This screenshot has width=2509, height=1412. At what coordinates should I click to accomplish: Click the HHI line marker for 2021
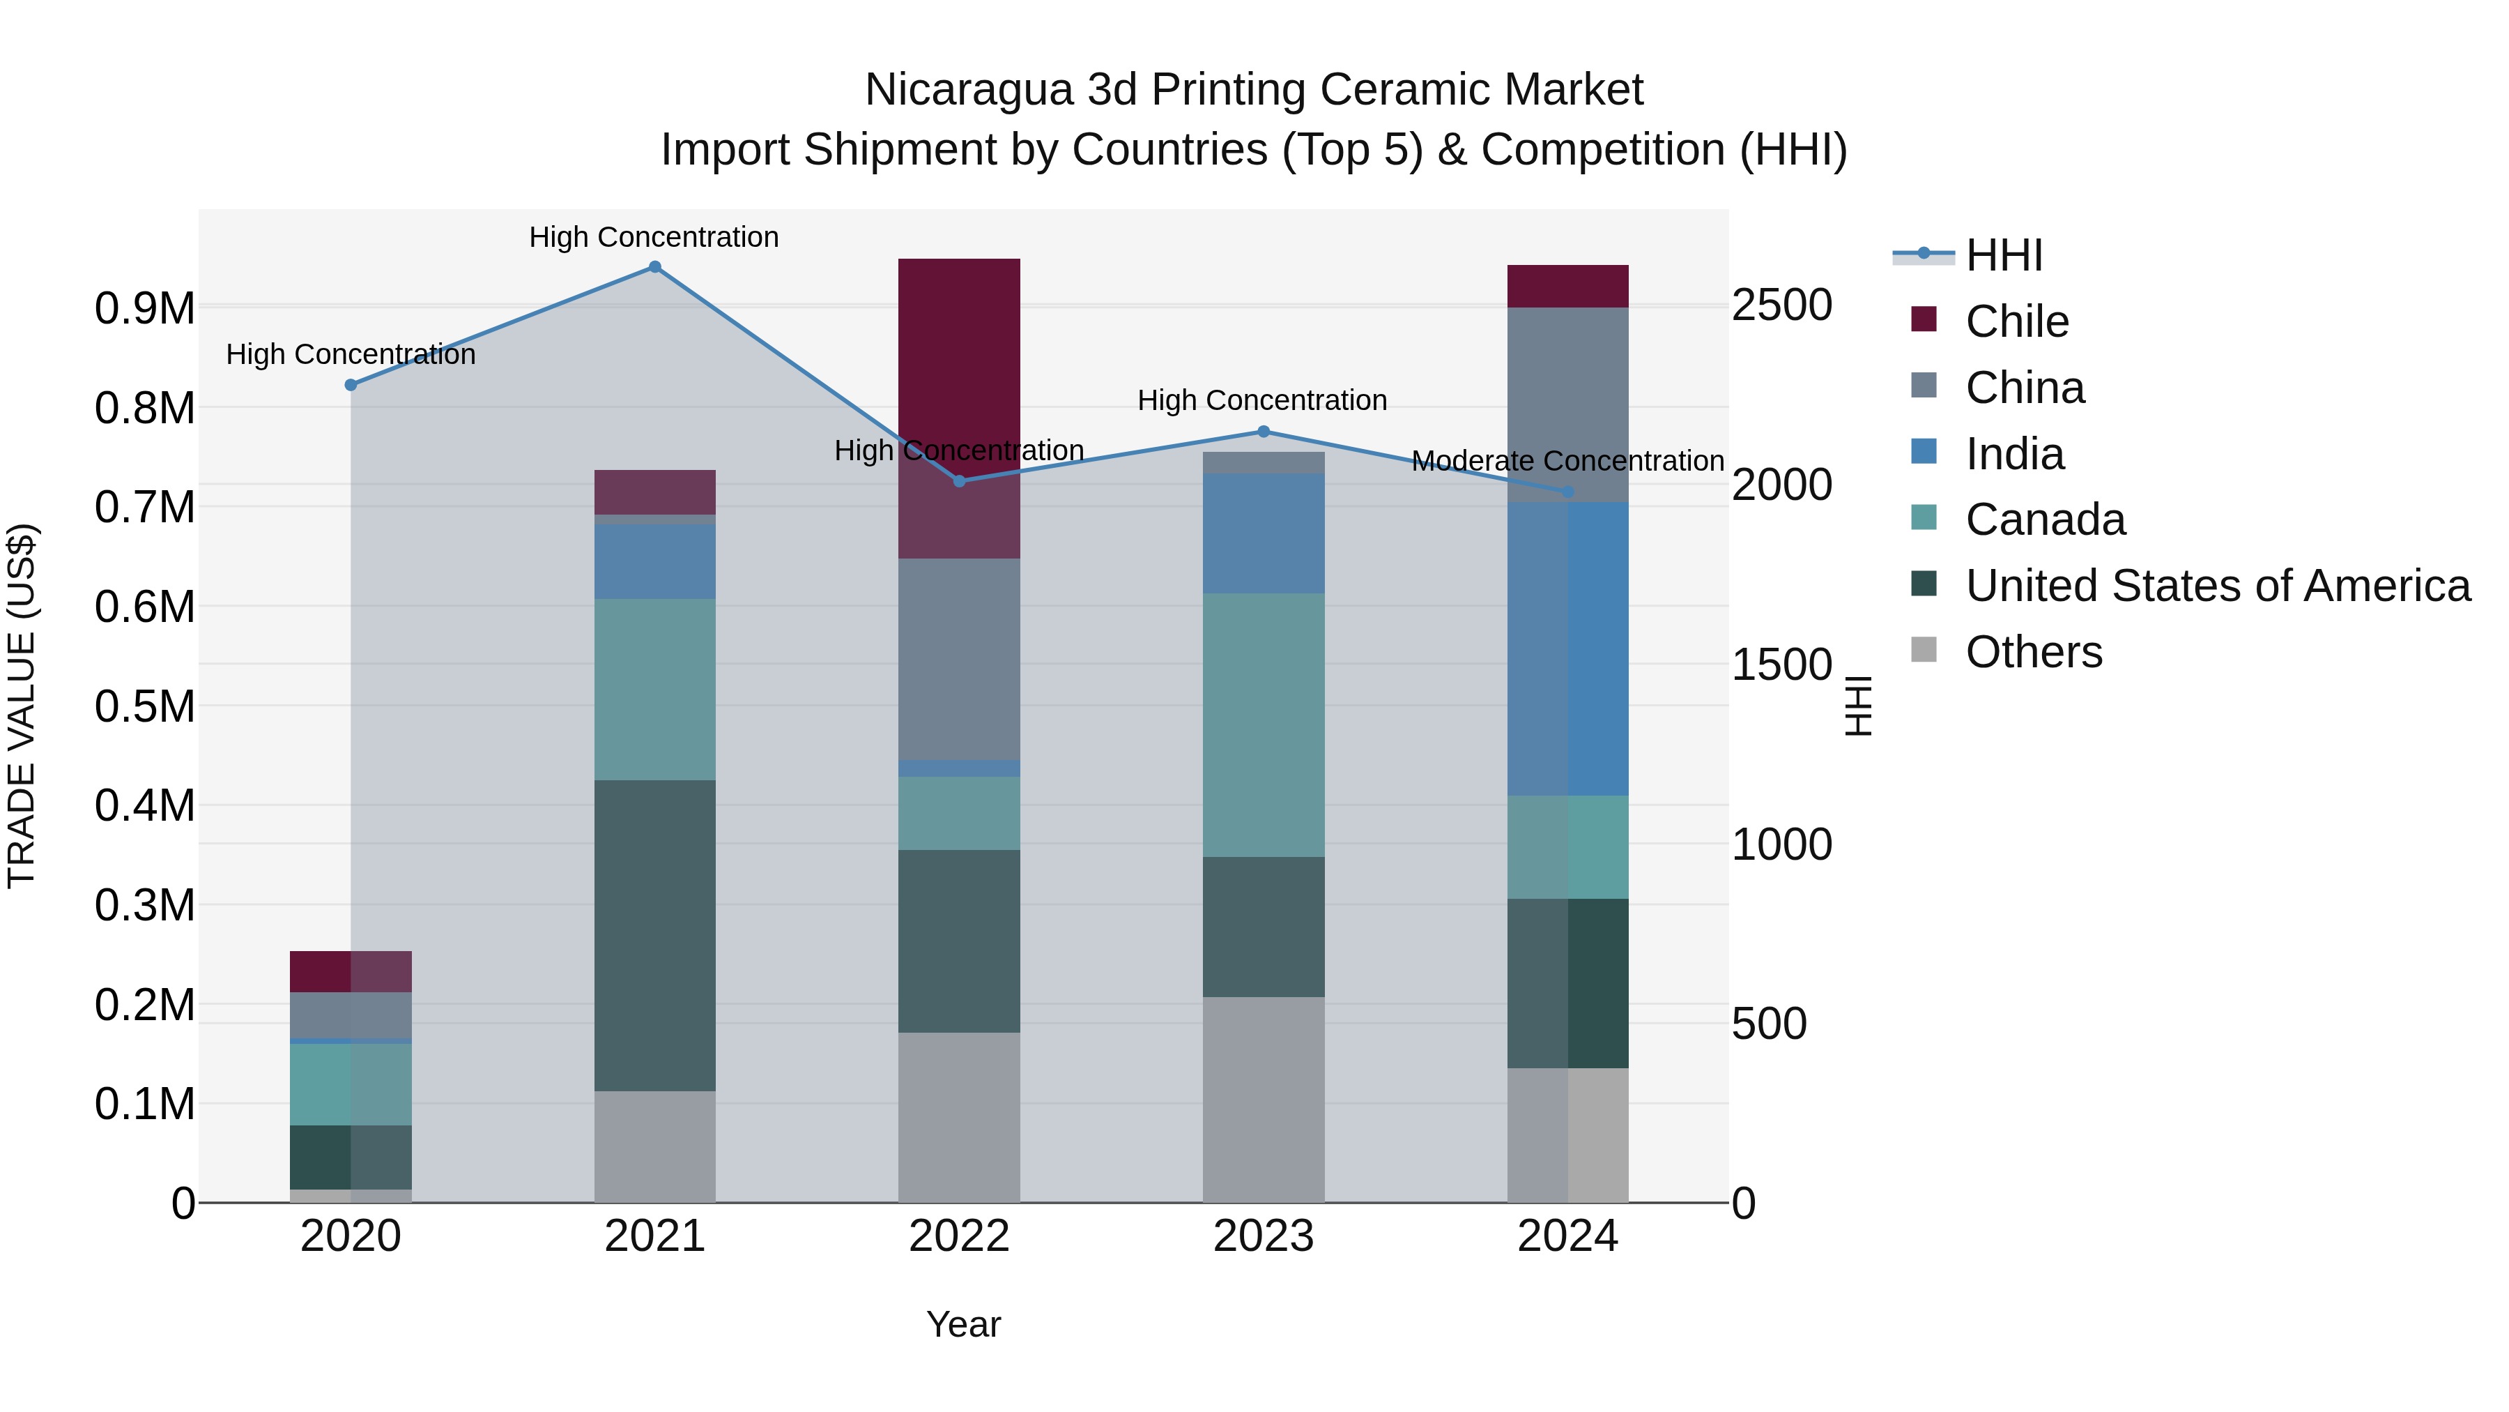[654, 267]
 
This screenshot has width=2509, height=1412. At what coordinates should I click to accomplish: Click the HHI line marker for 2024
[1567, 492]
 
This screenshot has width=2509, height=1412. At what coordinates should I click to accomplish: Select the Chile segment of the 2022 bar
[958, 390]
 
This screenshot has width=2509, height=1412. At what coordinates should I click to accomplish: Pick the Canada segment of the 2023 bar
[1264, 725]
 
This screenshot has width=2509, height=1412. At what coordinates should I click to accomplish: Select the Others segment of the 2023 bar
[1264, 1099]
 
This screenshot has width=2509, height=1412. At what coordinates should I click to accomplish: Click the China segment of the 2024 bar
[1567, 404]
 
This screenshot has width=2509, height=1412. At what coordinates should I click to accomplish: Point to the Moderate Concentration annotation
[1567, 461]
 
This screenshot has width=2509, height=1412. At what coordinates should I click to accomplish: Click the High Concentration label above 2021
[654, 238]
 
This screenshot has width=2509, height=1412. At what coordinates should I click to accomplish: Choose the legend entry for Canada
[2046, 519]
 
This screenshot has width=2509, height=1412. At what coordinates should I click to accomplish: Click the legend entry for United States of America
[2218, 586]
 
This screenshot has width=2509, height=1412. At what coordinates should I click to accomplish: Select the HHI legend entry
[2004, 255]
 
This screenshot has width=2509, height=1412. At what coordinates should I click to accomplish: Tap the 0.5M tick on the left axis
[145, 706]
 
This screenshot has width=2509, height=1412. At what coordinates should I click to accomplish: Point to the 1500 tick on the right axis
[1781, 666]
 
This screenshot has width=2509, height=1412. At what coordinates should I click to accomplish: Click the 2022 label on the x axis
[958, 1236]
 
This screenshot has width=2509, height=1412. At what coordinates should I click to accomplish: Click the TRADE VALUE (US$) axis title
[22, 706]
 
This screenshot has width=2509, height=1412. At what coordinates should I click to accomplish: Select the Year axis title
[963, 1324]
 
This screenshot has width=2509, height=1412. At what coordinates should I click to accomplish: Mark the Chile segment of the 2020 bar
[351, 971]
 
